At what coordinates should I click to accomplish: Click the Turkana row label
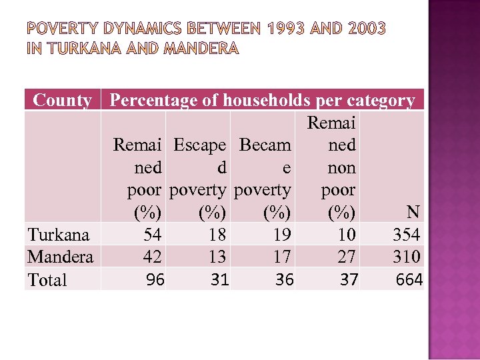coord(59,235)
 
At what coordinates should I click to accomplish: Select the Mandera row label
coord(60,257)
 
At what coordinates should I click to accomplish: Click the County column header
coord(62,101)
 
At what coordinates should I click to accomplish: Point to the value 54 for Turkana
coord(153,235)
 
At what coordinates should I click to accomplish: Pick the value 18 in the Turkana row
coord(217,235)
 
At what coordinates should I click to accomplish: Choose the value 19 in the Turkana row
coord(281,235)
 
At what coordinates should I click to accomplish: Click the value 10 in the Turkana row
coord(346,235)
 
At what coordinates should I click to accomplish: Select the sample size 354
coord(406,235)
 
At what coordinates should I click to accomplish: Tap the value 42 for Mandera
coord(153,257)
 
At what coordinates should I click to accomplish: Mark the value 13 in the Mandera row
coord(217,257)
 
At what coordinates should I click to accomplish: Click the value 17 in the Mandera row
coord(281,257)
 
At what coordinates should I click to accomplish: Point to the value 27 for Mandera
coord(346,257)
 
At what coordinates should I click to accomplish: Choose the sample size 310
coord(406,257)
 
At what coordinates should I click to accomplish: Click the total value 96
coord(155,280)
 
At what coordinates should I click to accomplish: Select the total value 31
coord(220,280)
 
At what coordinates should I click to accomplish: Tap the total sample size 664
coord(409,280)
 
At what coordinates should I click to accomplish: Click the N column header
coord(413,213)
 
